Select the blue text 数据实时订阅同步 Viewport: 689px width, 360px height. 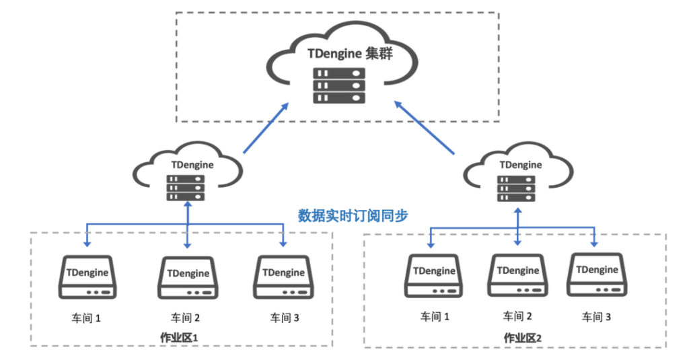[353, 216]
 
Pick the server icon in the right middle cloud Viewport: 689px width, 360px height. [517, 188]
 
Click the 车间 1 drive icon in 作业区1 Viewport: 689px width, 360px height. [88, 277]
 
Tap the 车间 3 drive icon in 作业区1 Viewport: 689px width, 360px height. [283, 277]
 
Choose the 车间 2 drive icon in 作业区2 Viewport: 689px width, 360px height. [517, 275]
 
